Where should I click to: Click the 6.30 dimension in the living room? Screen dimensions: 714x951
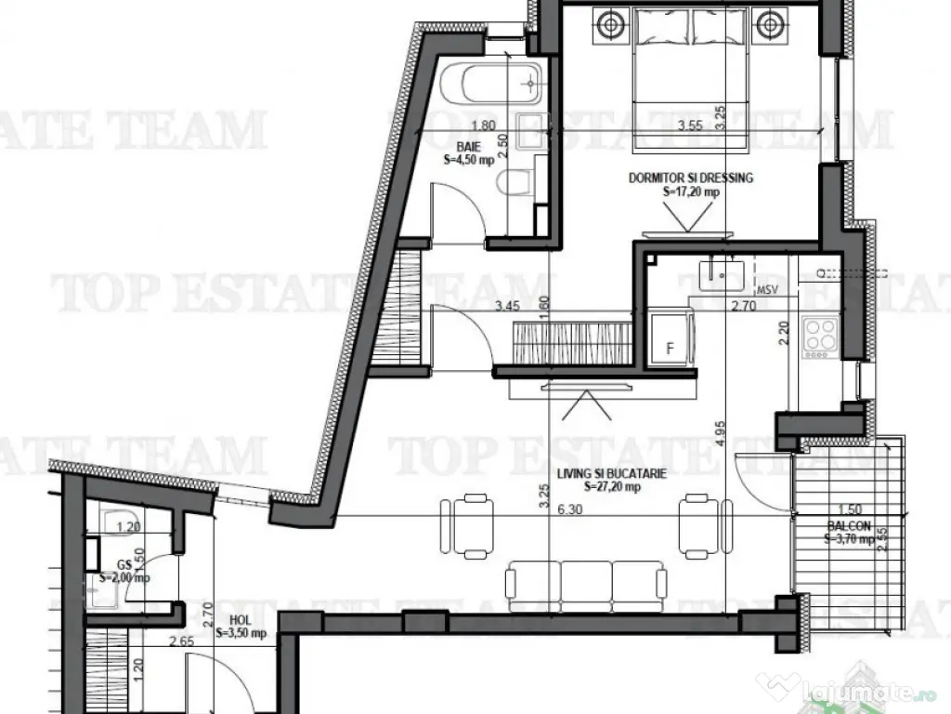click(x=568, y=509)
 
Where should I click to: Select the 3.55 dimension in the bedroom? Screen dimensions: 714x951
click(x=689, y=126)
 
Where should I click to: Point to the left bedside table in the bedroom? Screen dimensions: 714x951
click(x=609, y=23)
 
